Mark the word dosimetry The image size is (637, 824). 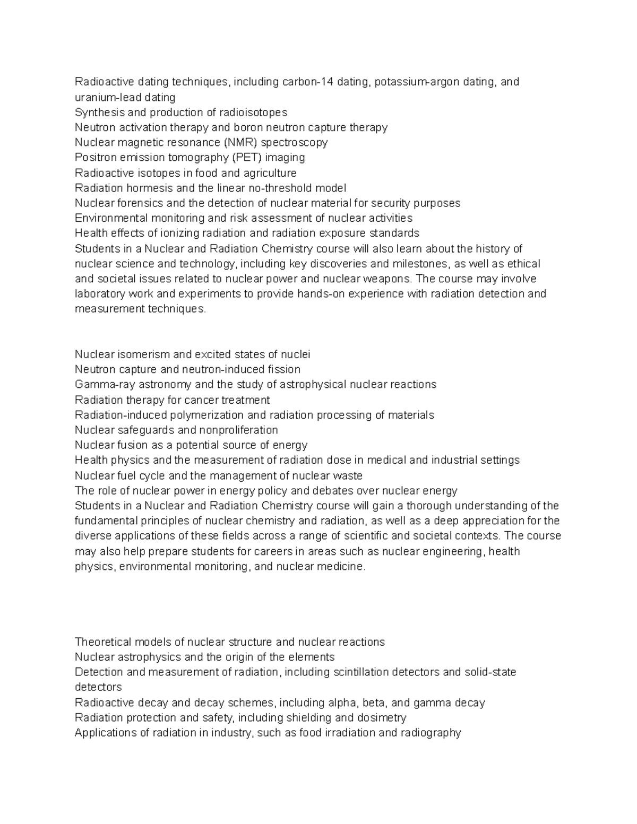click(382, 718)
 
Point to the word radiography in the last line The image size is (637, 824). click(428, 733)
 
